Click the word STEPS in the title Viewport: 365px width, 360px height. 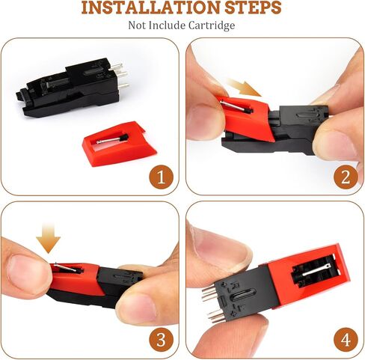click(x=253, y=7)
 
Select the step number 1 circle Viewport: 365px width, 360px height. click(x=161, y=177)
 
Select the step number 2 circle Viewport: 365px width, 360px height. click(x=346, y=177)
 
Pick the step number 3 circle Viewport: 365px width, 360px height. click(x=161, y=340)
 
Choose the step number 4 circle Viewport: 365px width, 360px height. click(x=346, y=340)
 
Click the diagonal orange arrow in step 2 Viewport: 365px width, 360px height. click(x=245, y=88)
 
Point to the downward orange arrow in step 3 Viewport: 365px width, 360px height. click(x=48, y=238)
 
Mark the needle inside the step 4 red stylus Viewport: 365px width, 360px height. click(x=316, y=270)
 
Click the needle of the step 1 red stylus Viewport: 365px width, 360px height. click(x=113, y=140)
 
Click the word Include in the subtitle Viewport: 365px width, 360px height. click(x=167, y=25)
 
